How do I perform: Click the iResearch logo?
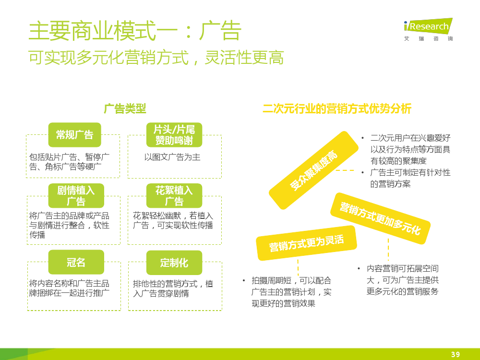click(x=428, y=29)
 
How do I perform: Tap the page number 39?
click(x=456, y=354)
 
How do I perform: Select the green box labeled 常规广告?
click(x=75, y=135)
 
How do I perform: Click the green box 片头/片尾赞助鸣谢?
click(x=174, y=135)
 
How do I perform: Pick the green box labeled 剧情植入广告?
click(x=76, y=196)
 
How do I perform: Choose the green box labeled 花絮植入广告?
click(x=174, y=196)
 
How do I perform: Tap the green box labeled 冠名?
click(x=76, y=262)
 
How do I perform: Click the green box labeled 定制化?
click(x=174, y=263)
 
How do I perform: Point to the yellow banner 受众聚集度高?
click(x=313, y=170)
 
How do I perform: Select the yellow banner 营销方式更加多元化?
click(x=381, y=218)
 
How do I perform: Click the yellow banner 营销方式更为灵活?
click(x=306, y=243)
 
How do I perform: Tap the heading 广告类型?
click(x=125, y=108)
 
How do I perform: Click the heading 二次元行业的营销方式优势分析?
click(x=337, y=108)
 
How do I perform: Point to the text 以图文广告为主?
click(x=172, y=157)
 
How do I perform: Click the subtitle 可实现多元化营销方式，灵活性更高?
click(x=156, y=57)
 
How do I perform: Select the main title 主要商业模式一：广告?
click(x=135, y=31)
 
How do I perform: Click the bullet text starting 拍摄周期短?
click(x=291, y=292)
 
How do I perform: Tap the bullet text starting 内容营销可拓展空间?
click(x=403, y=280)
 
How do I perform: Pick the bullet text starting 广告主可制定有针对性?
click(x=410, y=178)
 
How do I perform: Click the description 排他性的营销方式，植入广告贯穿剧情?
click(x=173, y=288)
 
